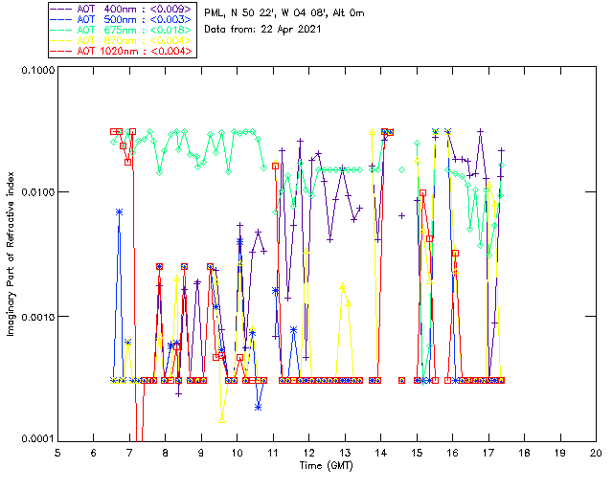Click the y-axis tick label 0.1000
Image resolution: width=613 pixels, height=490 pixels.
click(x=34, y=70)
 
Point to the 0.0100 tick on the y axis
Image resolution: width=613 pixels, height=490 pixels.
click(x=34, y=192)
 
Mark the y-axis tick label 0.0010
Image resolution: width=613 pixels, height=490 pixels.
click(x=34, y=316)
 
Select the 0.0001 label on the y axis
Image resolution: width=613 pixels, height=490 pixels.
click(x=34, y=438)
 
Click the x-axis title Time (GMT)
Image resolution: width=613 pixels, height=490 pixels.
click(x=327, y=465)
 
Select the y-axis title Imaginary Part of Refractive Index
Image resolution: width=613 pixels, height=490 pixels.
click(x=11, y=254)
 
